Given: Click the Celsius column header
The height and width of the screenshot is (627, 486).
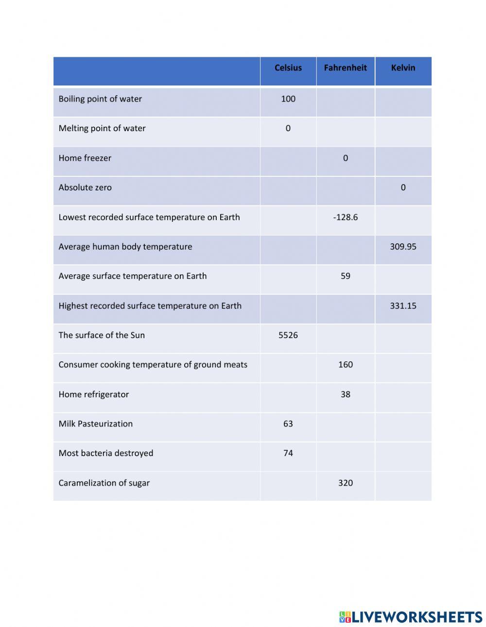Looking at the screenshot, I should click(x=288, y=68).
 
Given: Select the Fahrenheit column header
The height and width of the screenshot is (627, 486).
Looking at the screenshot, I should click(x=345, y=68).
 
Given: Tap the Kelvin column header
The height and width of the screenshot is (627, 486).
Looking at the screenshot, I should click(x=403, y=68).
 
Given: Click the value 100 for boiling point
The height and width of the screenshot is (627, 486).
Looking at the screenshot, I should click(x=288, y=99).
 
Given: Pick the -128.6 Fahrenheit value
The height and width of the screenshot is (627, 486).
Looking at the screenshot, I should click(x=345, y=217).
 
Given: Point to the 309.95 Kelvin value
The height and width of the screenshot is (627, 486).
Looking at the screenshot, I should click(x=403, y=247).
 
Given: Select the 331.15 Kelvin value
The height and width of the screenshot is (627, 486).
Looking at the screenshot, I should click(x=403, y=306).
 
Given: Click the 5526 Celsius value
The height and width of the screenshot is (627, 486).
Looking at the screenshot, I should click(x=288, y=335).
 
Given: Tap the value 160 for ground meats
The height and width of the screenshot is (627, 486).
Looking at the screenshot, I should click(x=345, y=365).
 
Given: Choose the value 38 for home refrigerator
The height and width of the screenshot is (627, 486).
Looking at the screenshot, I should click(x=345, y=394).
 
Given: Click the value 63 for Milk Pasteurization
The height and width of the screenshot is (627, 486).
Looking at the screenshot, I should click(x=288, y=424).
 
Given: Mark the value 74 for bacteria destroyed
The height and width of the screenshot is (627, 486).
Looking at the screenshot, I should click(x=288, y=453).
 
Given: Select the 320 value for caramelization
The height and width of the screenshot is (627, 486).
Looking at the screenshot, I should click(x=345, y=483).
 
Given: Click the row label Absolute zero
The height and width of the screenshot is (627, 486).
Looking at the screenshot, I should click(x=85, y=187).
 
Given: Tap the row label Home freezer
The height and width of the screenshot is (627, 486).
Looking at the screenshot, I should click(x=85, y=158).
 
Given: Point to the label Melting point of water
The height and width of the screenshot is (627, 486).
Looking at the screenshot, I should click(x=102, y=129).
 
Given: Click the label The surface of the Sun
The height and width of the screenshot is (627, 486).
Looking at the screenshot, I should click(x=102, y=335).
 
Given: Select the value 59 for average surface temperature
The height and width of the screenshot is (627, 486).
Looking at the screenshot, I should click(x=345, y=276).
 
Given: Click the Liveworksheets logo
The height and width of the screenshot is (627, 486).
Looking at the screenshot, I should click(x=411, y=617).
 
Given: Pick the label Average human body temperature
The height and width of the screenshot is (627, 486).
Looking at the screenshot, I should click(x=125, y=247).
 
